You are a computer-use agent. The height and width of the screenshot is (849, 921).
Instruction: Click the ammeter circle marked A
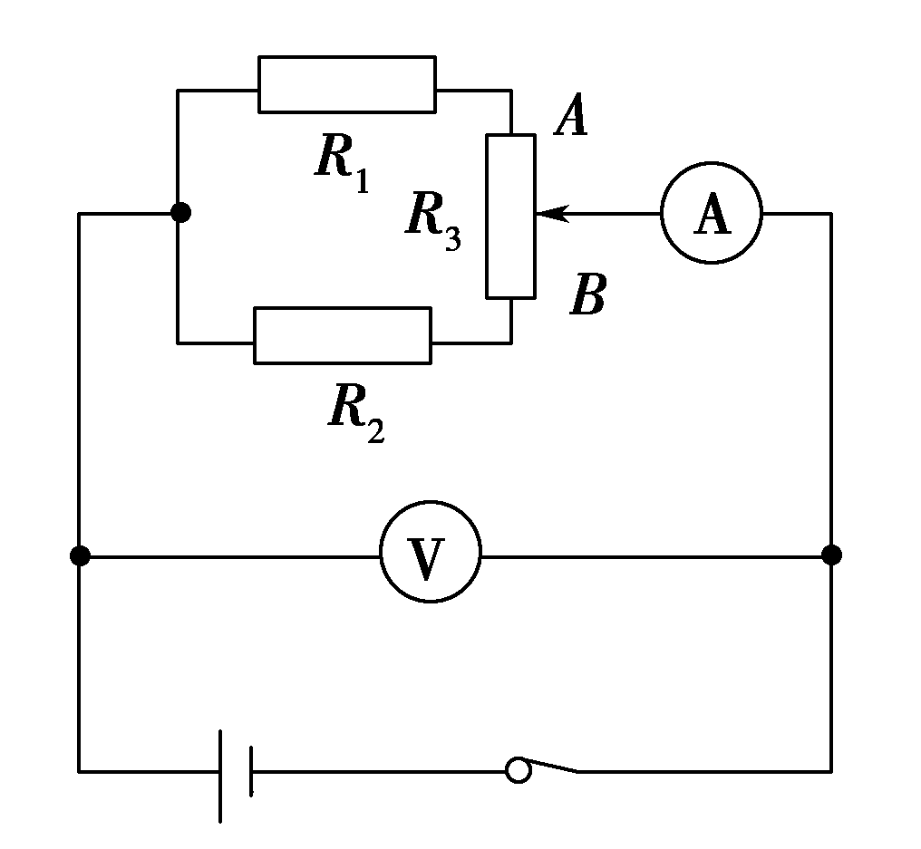click(712, 214)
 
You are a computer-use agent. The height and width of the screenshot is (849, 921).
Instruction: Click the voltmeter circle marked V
click(430, 555)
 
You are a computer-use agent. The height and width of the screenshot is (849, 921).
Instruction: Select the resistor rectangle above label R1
click(346, 84)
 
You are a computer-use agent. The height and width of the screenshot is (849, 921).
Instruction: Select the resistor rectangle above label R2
click(342, 335)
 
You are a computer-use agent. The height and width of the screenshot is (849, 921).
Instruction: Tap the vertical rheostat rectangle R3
click(510, 216)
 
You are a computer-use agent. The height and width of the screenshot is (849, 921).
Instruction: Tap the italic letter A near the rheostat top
click(572, 119)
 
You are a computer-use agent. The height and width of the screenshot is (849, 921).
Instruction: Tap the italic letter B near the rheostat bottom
click(587, 295)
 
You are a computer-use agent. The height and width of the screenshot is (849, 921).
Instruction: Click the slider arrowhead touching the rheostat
click(548, 215)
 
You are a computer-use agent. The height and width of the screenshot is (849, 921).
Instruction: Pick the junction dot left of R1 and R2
click(180, 213)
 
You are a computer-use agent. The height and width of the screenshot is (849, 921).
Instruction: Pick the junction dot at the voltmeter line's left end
click(80, 555)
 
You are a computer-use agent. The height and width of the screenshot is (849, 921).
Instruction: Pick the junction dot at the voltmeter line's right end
click(830, 554)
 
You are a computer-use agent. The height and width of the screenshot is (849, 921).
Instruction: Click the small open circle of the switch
click(518, 771)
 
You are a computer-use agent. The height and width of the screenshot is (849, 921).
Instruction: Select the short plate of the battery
click(250, 771)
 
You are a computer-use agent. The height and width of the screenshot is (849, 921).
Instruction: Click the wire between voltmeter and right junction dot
click(653, 555)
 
